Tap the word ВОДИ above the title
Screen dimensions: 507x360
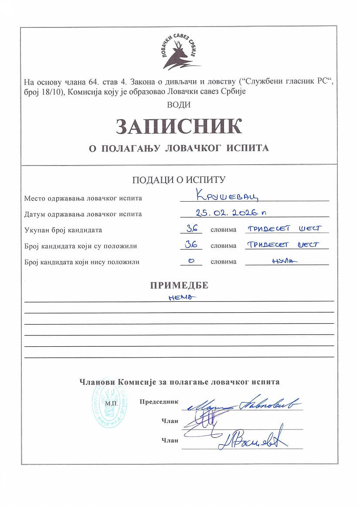pos(179,104)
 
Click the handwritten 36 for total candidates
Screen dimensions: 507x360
pos(191,229)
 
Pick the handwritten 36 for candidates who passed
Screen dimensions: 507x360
pos(191,245)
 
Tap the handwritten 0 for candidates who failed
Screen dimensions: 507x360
pos(191,261)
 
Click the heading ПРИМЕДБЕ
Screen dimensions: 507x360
pos(179,285)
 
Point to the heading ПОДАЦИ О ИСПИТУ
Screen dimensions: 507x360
pos(179,179)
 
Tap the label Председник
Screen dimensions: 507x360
pos(159,402)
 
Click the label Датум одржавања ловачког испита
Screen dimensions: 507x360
pos(83,214)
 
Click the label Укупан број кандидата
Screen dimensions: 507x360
pos(63,230)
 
